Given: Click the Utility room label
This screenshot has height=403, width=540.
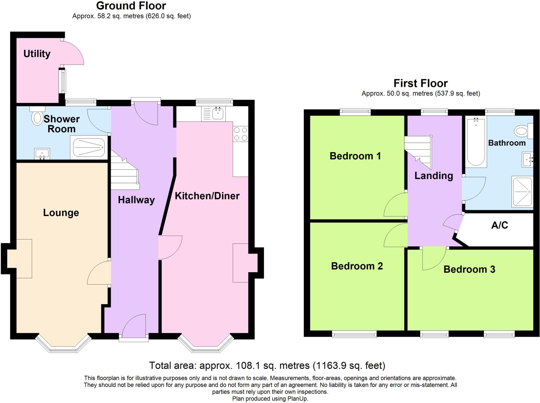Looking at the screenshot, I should [x=37, y=54].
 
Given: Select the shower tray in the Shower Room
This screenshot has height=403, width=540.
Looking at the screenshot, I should [x=89, y=148].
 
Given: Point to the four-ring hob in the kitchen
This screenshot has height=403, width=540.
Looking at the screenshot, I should [x=240, y=134].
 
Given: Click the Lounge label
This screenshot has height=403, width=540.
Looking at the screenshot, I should [x=61, y=213].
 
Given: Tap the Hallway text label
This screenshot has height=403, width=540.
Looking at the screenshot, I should [x=136, y=200].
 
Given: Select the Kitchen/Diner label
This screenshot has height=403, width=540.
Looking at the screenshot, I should [x=207, y=196].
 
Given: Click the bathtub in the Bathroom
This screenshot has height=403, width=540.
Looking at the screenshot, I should [x=476, y=142].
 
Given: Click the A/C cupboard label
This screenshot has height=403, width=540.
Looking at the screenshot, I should [x=499, y=225].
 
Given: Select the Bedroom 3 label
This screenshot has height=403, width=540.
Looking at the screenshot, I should [x=469, y=269].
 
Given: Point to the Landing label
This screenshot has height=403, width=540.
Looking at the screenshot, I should [x=433, y=176].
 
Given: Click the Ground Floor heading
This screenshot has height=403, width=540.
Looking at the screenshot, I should [x=131, y=6].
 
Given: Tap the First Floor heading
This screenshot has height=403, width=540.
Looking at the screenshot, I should [x=420, y=83].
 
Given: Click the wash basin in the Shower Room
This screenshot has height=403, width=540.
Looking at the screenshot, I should [x=42, y=154].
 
